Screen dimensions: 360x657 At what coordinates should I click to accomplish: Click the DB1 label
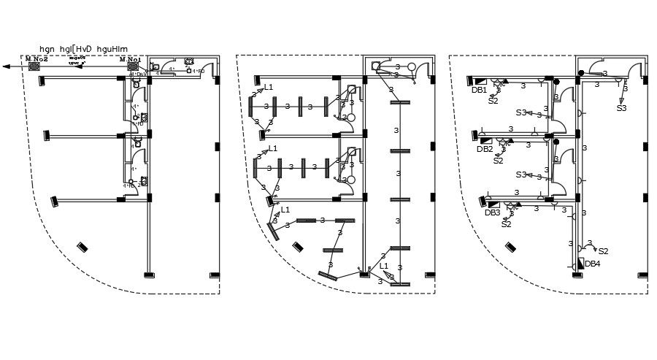[x=479, y=90]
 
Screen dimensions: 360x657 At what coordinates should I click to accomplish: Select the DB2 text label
[x=485, y=149]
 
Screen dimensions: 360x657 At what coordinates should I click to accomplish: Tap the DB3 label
[x=492, y=213]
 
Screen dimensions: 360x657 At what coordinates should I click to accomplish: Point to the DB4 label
[x=592, y=264]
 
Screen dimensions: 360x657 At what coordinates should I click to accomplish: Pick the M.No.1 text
[x=132, y=58]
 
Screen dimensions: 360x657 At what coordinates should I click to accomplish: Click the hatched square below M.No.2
[x=34, y=66]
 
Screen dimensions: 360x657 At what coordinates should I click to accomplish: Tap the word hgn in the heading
[x=47, y=47]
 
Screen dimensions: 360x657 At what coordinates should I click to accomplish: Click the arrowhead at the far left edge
[x=6, y=66]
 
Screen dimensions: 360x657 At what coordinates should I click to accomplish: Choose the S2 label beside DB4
[x=603, y=250]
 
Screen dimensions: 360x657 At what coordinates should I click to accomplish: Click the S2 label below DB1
[x=493, y=101]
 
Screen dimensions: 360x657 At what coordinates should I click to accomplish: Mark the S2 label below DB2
[x=498, y=161]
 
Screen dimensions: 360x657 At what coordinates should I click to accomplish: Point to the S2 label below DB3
[x=506, y=224]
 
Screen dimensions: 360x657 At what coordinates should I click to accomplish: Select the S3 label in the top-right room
[x=621, y=108]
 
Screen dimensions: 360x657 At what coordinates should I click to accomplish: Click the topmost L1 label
[x=268, y=88]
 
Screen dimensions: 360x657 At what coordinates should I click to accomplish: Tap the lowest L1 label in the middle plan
[x=384, y=266]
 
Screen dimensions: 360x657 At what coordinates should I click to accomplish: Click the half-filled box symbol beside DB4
[x=580, y=264]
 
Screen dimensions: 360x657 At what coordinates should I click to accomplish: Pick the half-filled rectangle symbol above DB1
[x=480, y=81]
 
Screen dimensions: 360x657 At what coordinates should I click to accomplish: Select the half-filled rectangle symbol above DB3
[x=493, y=204]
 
